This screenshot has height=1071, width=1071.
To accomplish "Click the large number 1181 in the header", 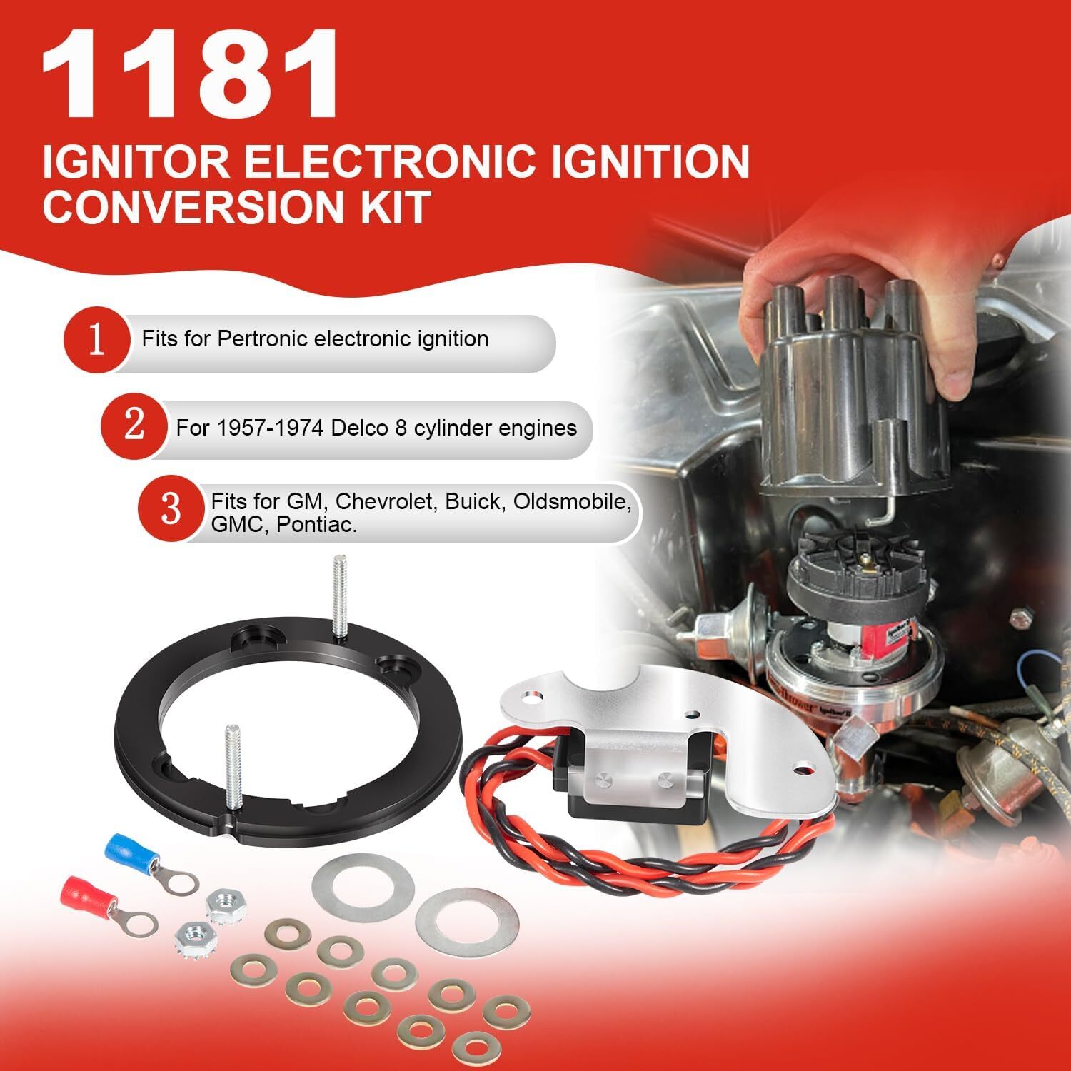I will (x=189, y=75).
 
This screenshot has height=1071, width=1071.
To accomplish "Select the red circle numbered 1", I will (x=96, y=340).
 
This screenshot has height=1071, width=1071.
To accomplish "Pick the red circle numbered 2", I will (x=134, y=426).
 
